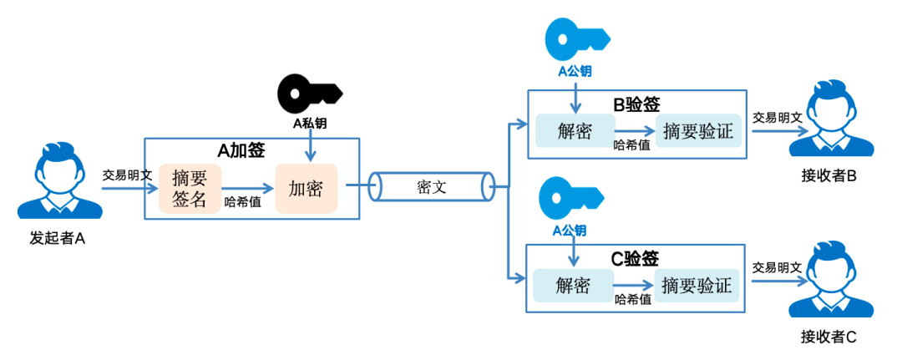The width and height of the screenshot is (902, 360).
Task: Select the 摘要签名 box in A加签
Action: click(x=190, y=188)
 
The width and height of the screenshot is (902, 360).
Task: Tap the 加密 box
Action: click(x=306, y=188)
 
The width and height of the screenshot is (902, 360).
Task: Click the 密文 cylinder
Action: click(x=432, y=187)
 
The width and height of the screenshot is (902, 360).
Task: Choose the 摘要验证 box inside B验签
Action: click(x=698, y=131)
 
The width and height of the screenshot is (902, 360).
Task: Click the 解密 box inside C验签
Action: click(x=573, y=286)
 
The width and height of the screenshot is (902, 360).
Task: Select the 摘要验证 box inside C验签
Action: click(x=697, y=286)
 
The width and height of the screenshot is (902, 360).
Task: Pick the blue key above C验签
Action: click(x=570, y=197)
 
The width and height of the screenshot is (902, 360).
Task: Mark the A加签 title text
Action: click(x=241, y=151)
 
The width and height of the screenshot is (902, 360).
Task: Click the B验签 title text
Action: click(x=636, y=104)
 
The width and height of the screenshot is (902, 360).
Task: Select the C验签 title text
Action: click(x=635, y=258)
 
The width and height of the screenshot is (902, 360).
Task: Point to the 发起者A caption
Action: click(x=58, y=238)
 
